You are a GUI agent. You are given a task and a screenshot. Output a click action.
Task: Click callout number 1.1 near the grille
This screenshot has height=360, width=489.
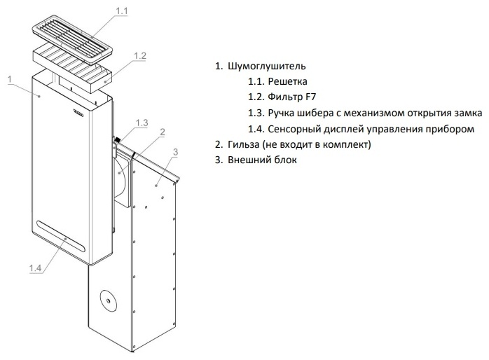(122, 11)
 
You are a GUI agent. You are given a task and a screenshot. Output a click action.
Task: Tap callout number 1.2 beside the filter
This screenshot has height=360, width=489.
(139, 56)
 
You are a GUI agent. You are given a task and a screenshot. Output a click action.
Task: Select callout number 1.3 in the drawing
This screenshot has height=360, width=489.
(142, 123)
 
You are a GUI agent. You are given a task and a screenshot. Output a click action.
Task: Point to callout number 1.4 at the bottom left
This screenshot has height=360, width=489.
(35, 268)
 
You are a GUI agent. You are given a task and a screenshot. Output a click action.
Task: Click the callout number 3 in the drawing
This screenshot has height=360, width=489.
(175, 152)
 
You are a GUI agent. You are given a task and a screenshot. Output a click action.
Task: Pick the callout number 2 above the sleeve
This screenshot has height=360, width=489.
(163, 132)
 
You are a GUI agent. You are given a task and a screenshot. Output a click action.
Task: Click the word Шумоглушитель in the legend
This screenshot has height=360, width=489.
(267, 66)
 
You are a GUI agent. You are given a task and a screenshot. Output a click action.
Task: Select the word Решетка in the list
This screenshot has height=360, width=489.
(287, 81)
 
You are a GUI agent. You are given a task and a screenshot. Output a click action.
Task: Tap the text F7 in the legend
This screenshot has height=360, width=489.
(310, 97)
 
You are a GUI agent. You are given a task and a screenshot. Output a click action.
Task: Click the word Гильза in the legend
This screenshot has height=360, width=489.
(244, 144)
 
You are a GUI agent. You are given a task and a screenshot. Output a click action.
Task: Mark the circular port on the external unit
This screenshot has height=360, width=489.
(108, 300)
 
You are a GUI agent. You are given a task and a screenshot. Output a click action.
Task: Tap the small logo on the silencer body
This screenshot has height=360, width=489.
(78, 112)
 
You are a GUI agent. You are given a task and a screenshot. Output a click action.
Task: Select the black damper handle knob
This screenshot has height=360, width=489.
(118, 139)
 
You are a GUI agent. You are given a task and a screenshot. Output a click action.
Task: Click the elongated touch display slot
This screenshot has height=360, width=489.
(60, 237)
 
